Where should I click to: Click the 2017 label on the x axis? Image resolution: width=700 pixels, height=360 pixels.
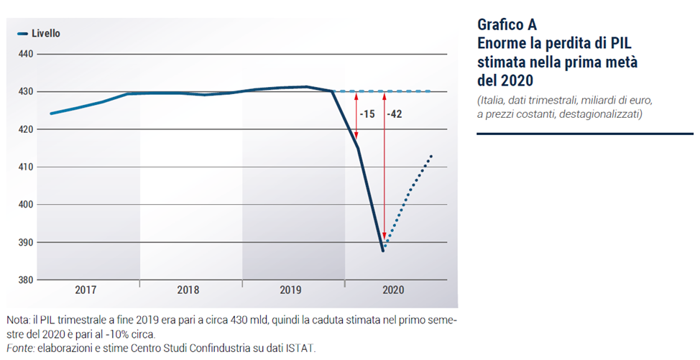[x=86, y=290]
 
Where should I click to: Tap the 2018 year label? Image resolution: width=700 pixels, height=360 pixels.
[x=188, y=290]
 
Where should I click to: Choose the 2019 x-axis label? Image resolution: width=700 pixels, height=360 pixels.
[x=291, y=290]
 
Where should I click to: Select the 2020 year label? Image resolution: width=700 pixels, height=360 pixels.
[x=394, y=290]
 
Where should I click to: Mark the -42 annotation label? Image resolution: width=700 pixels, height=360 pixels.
[x=395, y=114]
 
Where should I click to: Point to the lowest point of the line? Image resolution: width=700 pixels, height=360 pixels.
[x=383, y=251]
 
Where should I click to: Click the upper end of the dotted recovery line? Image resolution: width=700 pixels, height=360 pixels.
[x=432, y=155]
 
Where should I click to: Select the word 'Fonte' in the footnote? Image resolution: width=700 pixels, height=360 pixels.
[x=19, y=349]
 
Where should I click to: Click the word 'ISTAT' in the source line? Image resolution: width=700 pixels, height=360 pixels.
[x=299, y=349]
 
